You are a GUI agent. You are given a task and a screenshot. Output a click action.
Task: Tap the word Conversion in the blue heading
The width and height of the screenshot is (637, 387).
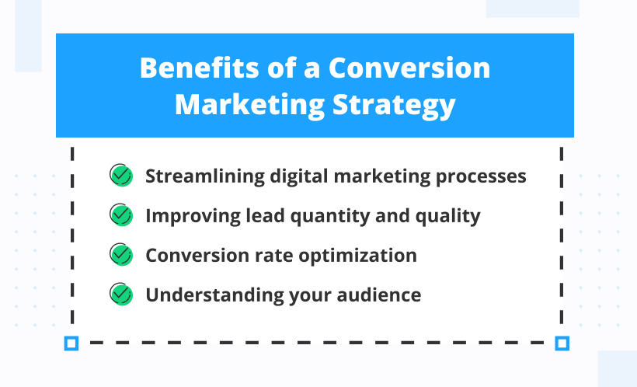409,68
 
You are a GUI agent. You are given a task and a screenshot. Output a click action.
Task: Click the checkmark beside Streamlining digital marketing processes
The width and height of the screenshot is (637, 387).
120,176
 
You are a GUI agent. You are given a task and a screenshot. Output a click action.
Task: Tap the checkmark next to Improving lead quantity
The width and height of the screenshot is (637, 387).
120,215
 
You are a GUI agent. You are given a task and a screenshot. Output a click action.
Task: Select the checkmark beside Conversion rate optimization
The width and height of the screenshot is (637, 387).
120,255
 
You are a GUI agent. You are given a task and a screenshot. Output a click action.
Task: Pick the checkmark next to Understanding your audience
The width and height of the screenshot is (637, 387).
120,295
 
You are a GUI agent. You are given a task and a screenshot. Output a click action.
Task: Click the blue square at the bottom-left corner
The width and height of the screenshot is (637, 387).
71,343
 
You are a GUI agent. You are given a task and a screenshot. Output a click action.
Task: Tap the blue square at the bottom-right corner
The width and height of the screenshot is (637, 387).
562,343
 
